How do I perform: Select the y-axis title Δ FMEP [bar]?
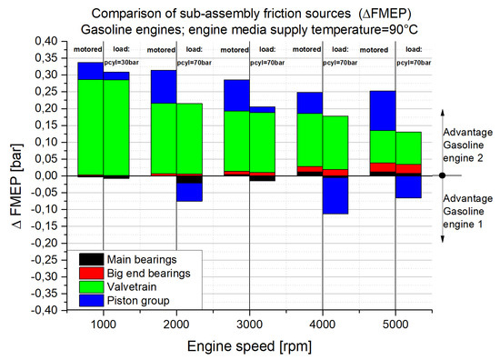pos(15,175)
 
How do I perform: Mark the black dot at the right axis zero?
pos(441,175)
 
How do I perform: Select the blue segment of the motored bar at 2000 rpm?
pos(164,86)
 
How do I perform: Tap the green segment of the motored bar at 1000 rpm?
pos(90,127)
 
